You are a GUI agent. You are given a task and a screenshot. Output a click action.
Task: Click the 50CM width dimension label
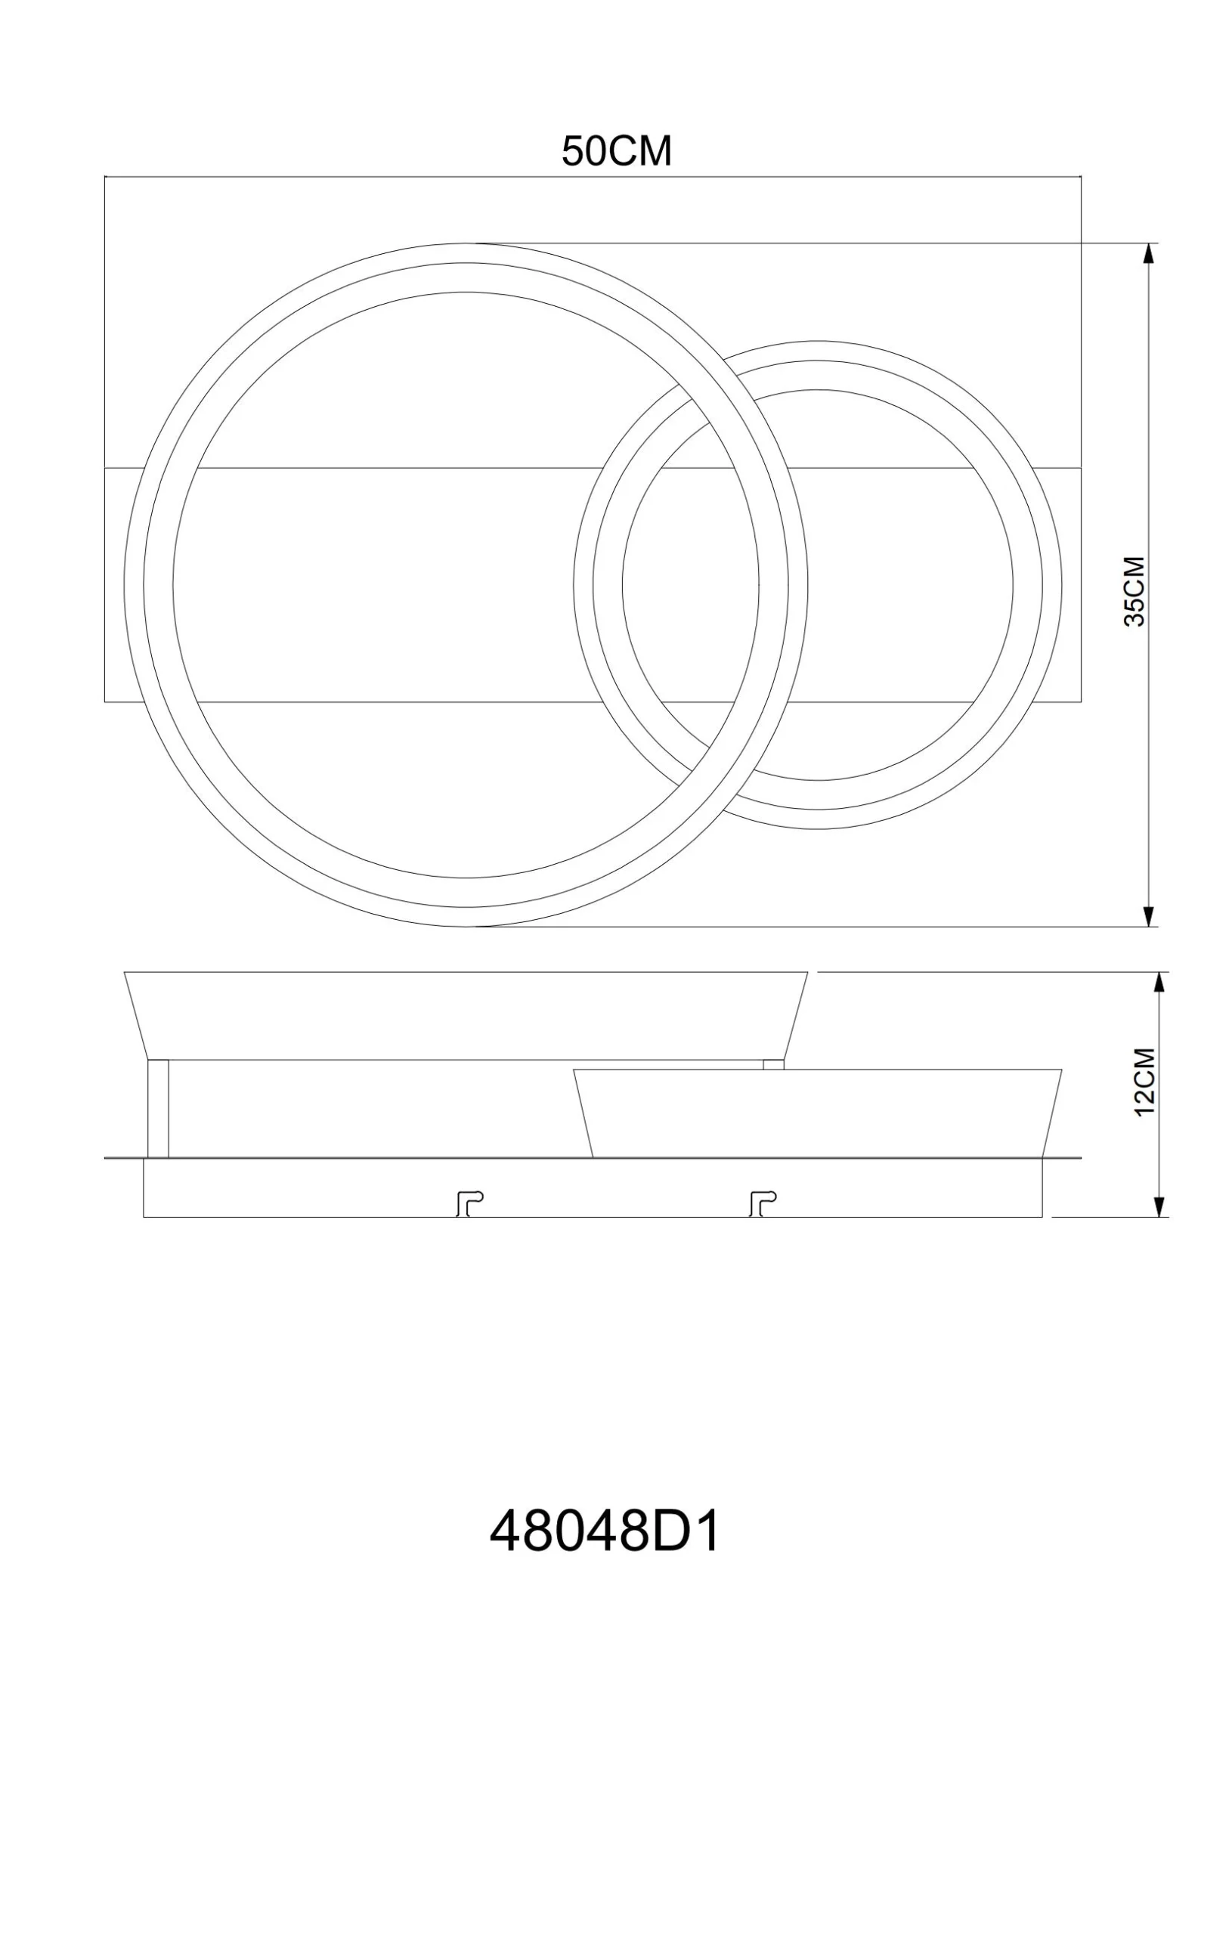click(617, 151)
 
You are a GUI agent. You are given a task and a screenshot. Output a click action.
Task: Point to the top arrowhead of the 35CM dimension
click(1148, 252)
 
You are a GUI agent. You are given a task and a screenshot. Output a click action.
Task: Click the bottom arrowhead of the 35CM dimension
click(1148, 916)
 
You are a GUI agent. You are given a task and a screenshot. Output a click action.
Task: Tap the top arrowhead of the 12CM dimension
click(1159, 982)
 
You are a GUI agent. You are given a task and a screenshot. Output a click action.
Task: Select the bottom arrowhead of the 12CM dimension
click(1159, 1207)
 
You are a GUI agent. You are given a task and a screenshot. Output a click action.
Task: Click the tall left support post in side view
click(158, 1108)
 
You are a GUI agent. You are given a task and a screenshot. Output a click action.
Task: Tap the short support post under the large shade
click(773, 1064)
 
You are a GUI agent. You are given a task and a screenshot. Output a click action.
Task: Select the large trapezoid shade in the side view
click(466, 1015)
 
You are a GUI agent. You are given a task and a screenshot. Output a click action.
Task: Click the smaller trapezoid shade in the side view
click(818, 1113)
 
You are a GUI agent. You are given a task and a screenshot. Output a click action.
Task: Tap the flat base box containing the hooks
click(593, 1187)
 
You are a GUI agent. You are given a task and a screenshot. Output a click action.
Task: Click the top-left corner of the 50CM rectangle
click(105, 177)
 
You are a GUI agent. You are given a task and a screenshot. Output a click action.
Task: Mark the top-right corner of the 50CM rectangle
click(1081, 177)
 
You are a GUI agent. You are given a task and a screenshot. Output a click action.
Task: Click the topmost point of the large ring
click(466, 243)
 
